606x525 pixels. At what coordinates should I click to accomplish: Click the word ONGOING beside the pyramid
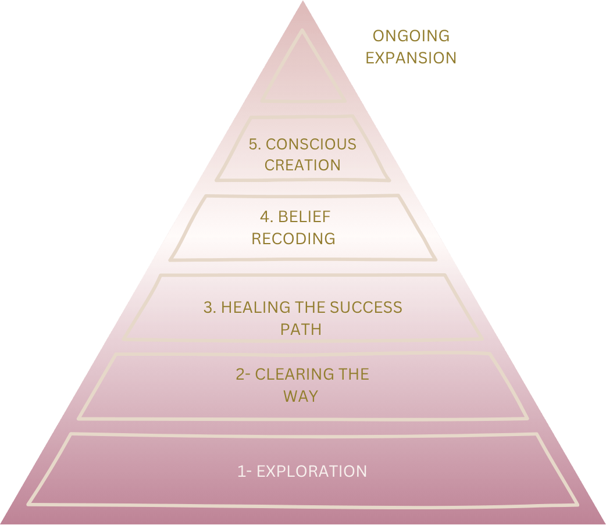click(411, 36)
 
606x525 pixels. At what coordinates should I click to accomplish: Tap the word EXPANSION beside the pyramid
click(411, 58)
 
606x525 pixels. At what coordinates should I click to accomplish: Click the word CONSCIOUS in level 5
click(310, 144)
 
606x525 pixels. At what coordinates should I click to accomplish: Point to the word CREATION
click(302, 165)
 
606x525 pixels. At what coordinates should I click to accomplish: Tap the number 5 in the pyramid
click(253, 144)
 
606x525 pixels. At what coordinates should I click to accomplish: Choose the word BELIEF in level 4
click(304, 217)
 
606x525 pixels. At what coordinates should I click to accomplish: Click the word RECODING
click(293, 238)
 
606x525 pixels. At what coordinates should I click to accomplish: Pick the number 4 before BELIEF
click(265, 217)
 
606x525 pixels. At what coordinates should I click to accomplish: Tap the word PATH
click(301, 329)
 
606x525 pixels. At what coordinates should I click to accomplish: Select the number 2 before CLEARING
click(240, 374)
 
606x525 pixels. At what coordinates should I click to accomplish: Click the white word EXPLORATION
click(312, 471)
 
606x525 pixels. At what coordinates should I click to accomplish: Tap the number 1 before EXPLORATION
click(241, 471)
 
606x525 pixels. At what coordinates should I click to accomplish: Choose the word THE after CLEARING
click(354, 374)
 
